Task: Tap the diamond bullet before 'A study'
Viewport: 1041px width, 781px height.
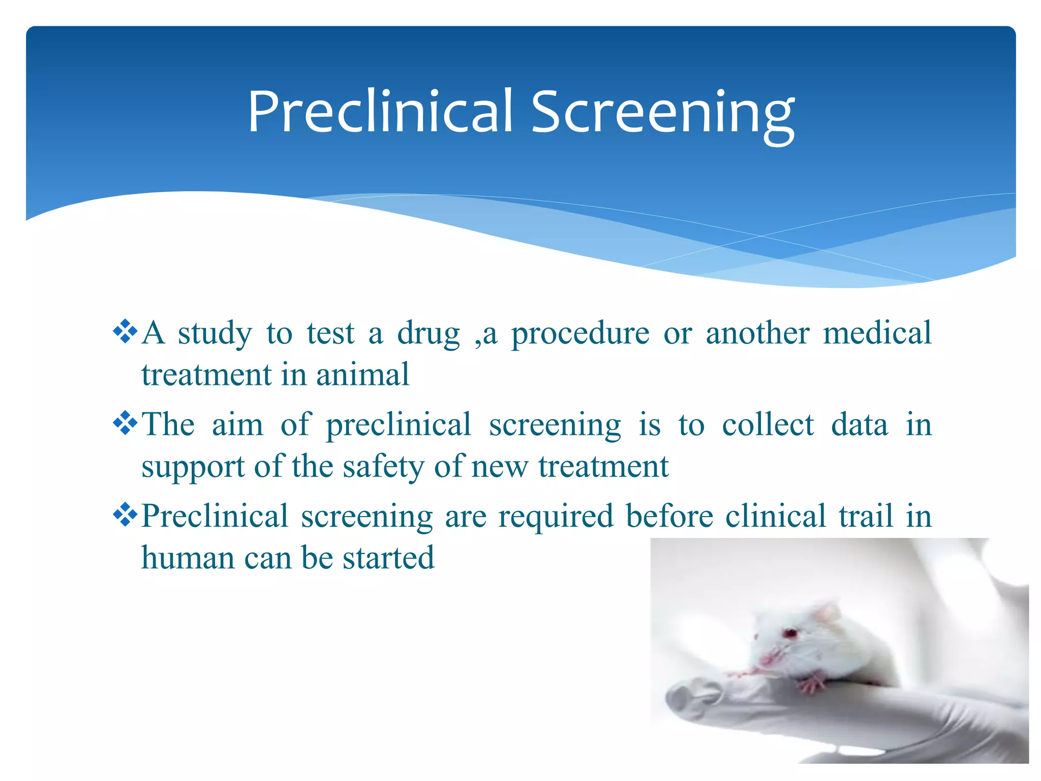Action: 125,333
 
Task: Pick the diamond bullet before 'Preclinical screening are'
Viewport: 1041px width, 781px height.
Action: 125,516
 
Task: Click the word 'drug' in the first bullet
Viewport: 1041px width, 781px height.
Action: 428,335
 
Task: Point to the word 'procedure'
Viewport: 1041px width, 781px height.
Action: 580,335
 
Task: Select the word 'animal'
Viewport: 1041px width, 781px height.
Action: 362,375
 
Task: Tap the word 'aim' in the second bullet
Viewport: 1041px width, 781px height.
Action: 237,425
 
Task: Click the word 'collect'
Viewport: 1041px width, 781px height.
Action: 768,425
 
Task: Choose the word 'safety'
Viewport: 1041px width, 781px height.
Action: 383,467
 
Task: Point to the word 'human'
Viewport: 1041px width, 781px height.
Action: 187,558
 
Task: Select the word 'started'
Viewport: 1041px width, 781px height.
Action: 388,558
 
